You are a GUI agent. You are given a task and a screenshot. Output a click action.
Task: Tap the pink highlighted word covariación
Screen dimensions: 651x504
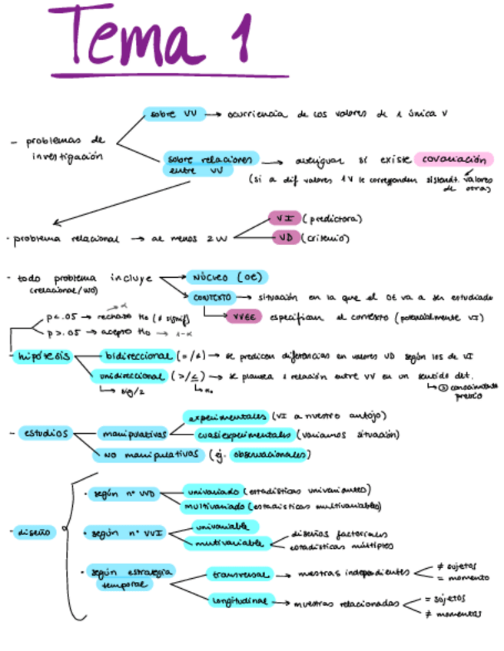coord(453,160)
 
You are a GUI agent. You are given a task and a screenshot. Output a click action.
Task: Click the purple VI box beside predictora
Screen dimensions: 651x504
coord(283,219)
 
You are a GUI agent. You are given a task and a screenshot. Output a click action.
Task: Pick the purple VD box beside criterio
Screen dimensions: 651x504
coord(285,238)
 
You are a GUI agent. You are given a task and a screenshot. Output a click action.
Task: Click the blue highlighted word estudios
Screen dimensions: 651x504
coord(45,434)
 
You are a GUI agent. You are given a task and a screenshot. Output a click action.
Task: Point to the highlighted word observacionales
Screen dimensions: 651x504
coord(270,454)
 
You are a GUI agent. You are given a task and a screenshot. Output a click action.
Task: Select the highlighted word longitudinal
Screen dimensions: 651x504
coord(238,601)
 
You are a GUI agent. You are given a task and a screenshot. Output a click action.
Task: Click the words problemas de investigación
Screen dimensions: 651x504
coord(65,148)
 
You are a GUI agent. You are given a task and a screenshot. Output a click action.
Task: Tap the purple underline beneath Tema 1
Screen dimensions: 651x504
coord(169,74)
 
